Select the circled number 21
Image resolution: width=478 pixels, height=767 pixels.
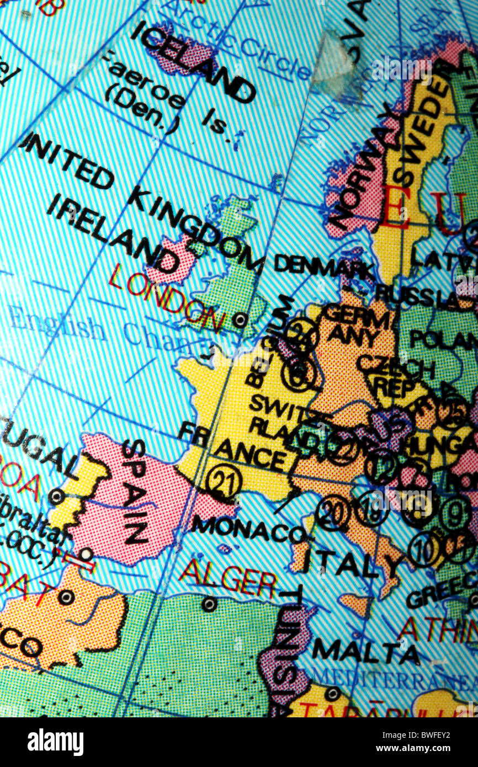click(x=224, y=482)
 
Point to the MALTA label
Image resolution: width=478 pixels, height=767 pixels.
click(x=365, y=651)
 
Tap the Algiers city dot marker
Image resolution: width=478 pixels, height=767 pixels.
click(x=209, y=604)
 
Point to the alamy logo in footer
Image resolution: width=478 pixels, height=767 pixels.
click(x=55, y=742)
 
